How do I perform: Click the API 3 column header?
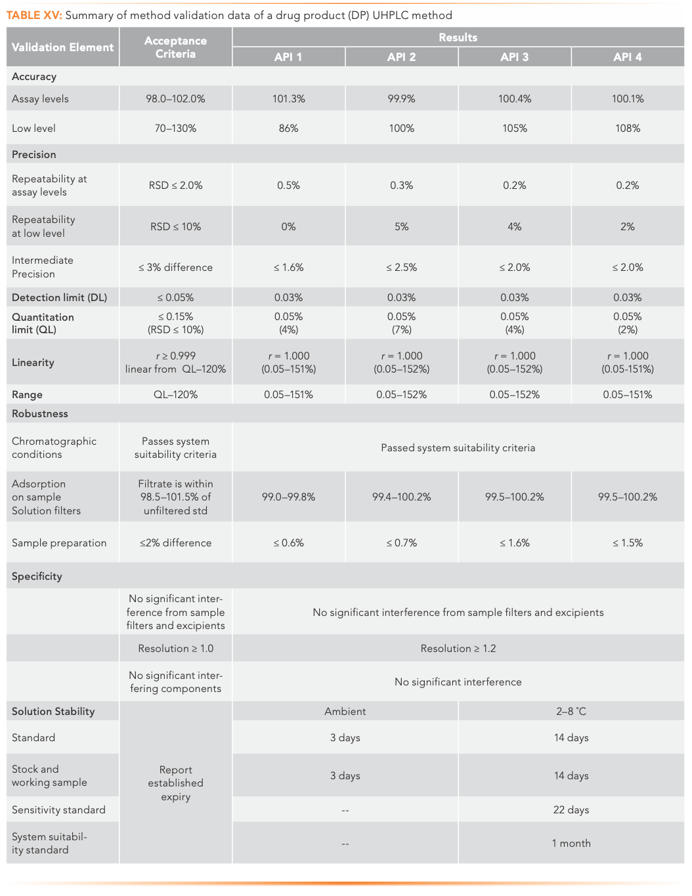(x=514, y=57)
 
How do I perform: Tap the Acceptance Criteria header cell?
(x=175, y=47)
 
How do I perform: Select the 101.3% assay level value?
(x=289, y=99)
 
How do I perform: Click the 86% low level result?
(x=289, y=129)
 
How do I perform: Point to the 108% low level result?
(x=628, y=129)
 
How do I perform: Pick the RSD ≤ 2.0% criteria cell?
(x=175, y=186)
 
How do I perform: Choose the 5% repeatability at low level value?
(x=402, y=227)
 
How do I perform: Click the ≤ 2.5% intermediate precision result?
(x=402, y=268)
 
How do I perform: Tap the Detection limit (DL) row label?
(x=59, y=298)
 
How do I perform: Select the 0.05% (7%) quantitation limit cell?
(x=402, y=323)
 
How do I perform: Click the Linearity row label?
(x=33, y=363)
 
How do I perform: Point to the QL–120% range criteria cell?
(x=175, y=395)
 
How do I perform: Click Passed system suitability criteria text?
(x=458, y=448)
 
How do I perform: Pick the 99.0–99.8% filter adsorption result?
(x=289, y=497)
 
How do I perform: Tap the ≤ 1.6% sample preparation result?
(x=514, y=543)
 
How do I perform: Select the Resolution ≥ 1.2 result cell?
(x=458, y=649)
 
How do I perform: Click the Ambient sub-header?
(x=345, y=712)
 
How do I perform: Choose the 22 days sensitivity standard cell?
(x=571, y=810)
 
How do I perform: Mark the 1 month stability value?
(x=571, y=844)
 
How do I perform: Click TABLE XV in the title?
(x=34, y=15)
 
